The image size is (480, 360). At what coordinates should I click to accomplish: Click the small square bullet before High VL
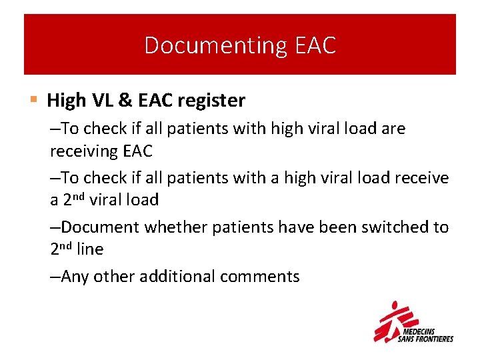tap(34, 100)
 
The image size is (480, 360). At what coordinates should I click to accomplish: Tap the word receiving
tap(84, 151)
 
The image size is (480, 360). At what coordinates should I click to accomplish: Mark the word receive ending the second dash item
tap(422, 177)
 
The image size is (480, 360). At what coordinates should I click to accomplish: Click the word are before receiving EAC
tap(393, 128)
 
